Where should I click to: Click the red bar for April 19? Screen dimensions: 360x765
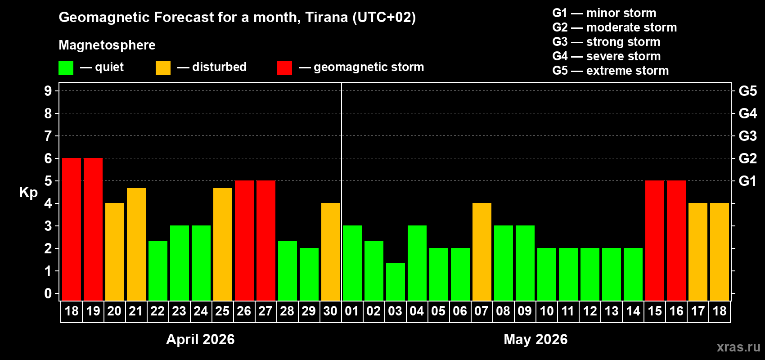click(x=93, y=229)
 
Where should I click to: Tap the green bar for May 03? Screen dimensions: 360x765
click(x=396, y=282)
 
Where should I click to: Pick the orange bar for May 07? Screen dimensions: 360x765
click(x=482, y=252)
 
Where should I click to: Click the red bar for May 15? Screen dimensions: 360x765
click(x=655, y=240)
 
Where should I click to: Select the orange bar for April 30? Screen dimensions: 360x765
click(x=331, y=252)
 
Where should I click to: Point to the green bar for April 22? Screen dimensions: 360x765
click(x=158, y=270)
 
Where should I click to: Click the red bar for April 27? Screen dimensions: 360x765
click(x=266, y=240)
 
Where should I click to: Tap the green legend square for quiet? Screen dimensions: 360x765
click(x=66, y=68)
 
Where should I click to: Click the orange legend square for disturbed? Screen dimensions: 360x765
click(x=163, y=68)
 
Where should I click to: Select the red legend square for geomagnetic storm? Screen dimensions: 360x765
click(x=285, y=68)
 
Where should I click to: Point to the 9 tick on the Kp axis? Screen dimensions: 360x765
click(x=48, y=91)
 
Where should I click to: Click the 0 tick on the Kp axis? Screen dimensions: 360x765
click(x=48, y=293)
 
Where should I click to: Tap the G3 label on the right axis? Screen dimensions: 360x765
click(x=747, y=136)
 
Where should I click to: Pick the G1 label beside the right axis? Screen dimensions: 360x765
click(x=747, y=181)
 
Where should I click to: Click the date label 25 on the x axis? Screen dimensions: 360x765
click(x=222, y=311)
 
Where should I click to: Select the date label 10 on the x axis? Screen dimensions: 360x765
click(x=547, y=311)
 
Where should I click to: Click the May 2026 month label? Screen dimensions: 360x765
click(x=535, y=339)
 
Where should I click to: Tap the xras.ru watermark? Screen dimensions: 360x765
click(x=738, y=347)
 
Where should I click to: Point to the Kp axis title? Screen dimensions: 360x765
click(x=28, y=192)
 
